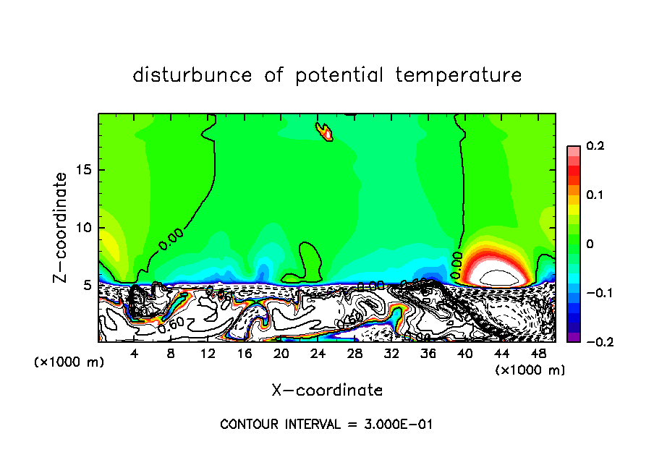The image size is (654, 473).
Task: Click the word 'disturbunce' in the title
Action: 192,75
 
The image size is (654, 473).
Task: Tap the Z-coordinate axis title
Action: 61,227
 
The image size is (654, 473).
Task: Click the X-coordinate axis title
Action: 327,391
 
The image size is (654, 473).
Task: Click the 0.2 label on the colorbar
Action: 595,146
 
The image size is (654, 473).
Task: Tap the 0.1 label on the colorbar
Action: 595,195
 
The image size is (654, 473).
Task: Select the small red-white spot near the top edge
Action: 326,132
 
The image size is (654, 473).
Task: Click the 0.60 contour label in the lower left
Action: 171,325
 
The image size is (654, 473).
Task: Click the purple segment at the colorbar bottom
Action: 573,337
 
